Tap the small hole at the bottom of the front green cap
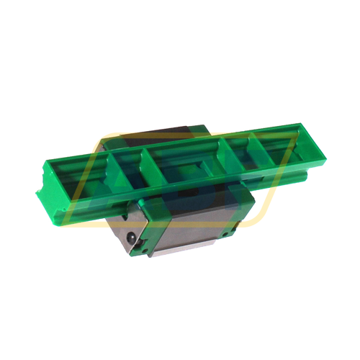[137, 248]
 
